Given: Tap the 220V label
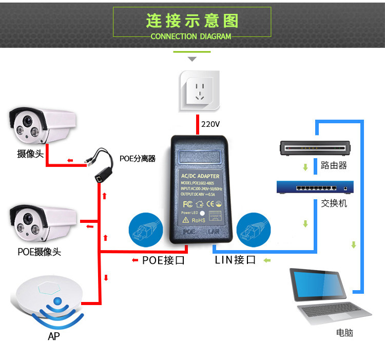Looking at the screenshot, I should click(210, 124).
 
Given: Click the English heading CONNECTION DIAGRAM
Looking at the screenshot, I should click(191, 36).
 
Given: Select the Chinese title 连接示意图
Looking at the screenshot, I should click(192, 21).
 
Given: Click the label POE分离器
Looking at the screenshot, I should click(137, 158).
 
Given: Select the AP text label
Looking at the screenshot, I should click(53, 336).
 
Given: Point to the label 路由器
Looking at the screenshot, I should click(334, 165).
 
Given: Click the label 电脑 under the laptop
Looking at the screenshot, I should click(344, 333).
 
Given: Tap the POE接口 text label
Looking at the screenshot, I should click(163, 260).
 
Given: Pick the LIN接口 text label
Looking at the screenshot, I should click(235, 260).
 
